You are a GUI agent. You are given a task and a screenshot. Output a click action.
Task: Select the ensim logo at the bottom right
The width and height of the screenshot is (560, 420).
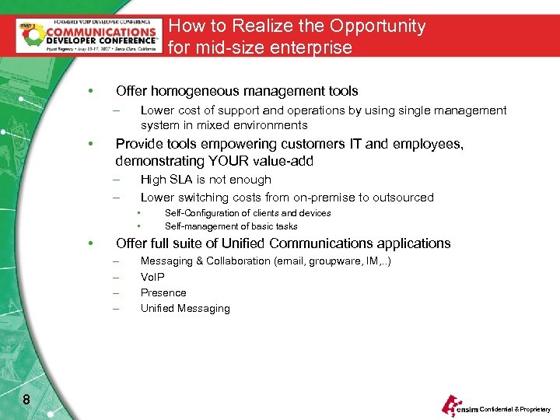click(x=458, y=406)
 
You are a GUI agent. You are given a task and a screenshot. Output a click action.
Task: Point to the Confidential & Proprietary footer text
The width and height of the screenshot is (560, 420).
click(x=515, y=409)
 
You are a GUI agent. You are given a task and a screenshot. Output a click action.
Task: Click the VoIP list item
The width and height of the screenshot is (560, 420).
click(x=152, y=277)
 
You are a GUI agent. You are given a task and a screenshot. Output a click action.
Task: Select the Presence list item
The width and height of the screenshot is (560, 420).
click(x=163, y=292)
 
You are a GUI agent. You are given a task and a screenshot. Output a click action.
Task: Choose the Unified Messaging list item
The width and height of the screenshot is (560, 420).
click(x=185, y=308)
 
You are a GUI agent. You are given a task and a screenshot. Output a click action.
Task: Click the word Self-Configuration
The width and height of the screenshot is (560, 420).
click(x=201, y=213)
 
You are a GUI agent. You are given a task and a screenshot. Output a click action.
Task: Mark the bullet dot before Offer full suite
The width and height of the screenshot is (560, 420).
click(x=92, y=243)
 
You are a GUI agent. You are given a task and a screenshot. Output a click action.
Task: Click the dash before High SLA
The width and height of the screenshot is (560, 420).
click(x=115, y=180)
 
